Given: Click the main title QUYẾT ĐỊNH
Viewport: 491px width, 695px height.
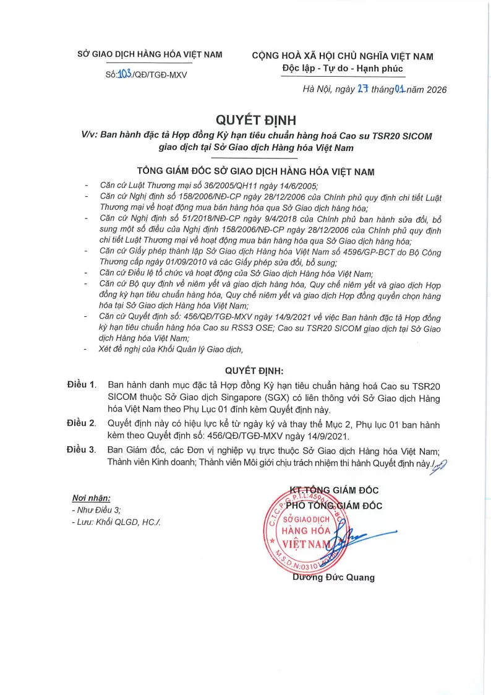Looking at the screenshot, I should (247, 119).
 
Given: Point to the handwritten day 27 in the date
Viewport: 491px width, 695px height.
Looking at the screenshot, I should (362, 89).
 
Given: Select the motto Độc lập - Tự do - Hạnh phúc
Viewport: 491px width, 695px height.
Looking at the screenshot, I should (342, 68).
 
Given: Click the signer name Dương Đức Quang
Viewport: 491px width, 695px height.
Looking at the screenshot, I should (333, 577).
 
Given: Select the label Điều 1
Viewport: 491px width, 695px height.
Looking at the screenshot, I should (82, 385).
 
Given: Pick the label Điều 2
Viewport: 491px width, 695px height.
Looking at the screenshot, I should (82, 423).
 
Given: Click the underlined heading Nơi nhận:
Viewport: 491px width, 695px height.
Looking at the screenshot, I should (91, 498).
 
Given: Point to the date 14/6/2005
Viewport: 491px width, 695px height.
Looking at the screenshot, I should (291, 186).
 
